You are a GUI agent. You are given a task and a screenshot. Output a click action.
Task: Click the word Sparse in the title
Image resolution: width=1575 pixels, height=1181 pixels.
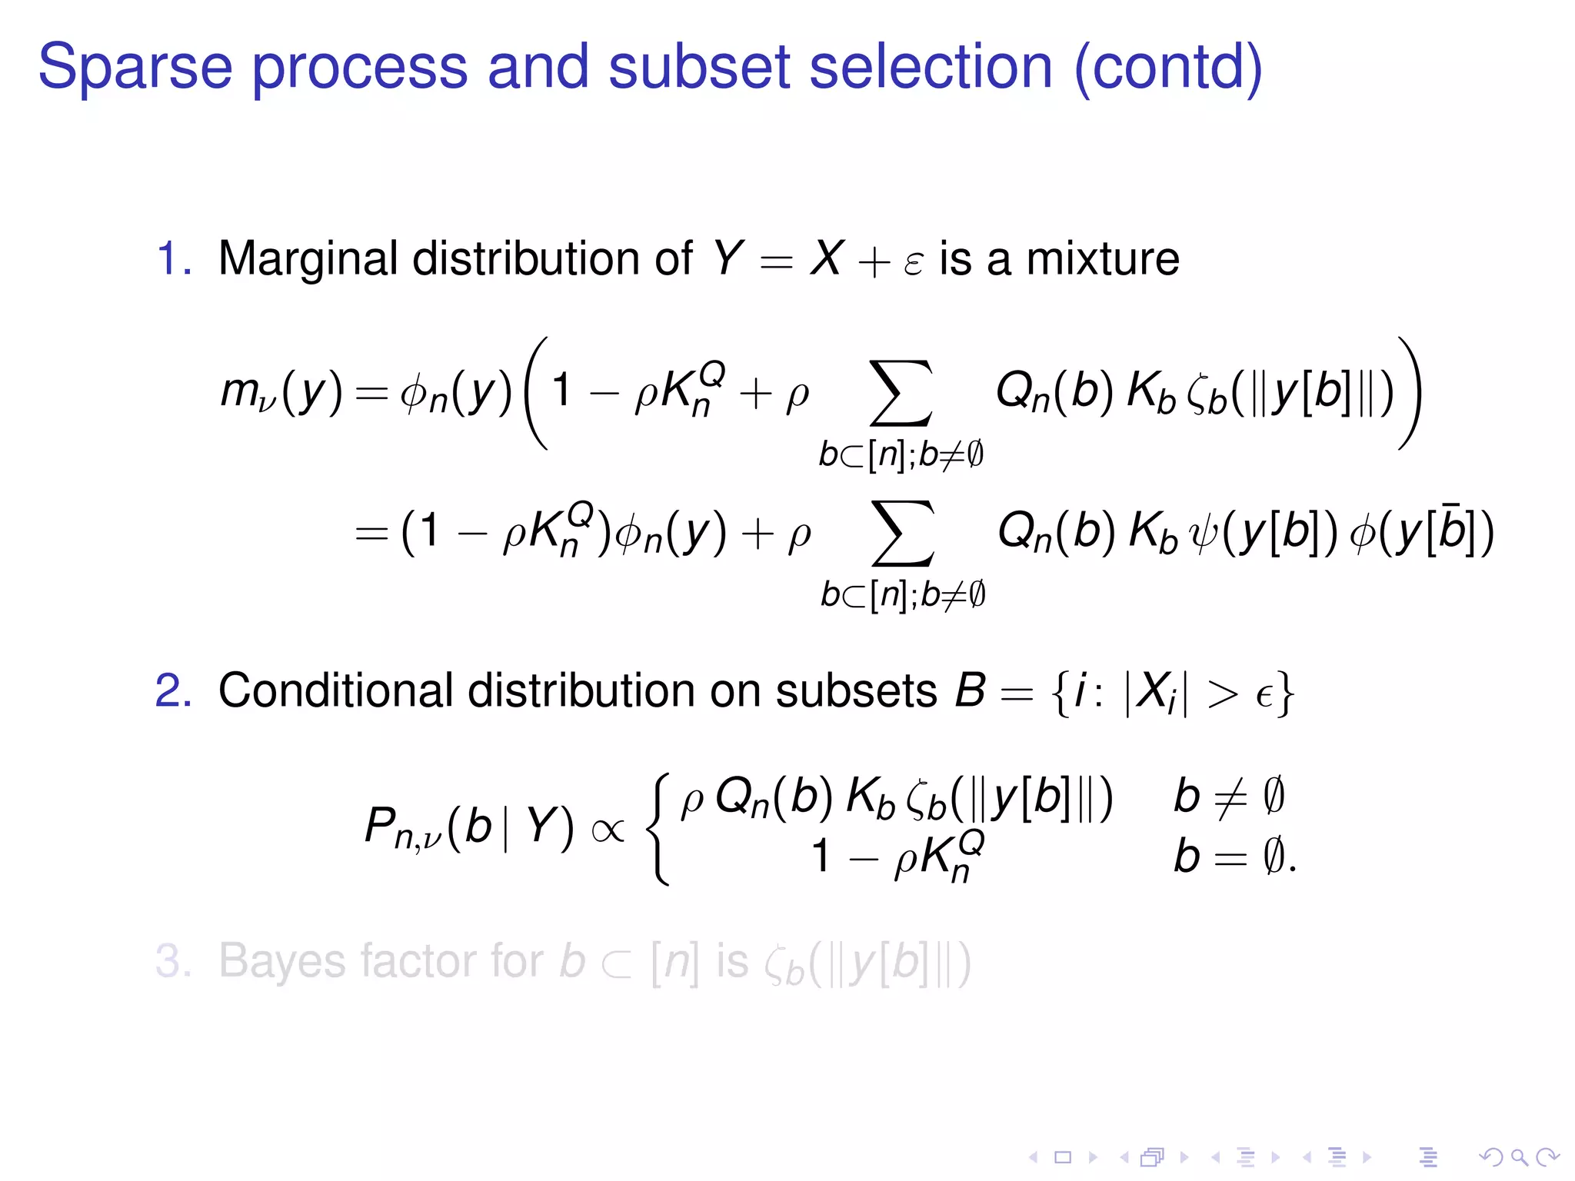(x=135, y=68)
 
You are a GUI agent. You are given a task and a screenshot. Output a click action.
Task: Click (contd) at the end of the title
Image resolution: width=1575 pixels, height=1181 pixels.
(x=1167, y=68)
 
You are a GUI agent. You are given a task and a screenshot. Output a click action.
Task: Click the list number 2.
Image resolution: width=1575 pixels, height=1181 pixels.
(x=173, y=690)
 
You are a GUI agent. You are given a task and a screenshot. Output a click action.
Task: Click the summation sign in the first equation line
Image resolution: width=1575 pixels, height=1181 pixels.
(x=901, y=393)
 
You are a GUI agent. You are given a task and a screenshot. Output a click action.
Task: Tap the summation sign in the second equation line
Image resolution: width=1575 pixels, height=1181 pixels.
(x=903, y=533)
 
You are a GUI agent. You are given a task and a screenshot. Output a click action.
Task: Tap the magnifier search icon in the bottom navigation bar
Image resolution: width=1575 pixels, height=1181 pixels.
(x=1518, y=1157)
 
